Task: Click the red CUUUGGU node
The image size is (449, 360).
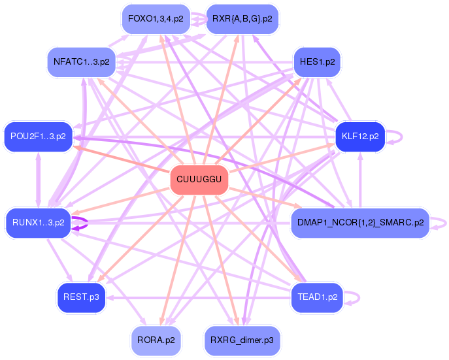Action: (x=199, y=180)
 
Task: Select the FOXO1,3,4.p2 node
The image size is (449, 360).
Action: (x=156, y=19)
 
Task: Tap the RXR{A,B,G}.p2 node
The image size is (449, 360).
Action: (x=242, y=19)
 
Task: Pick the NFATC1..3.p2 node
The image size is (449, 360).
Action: (x=82, y=62)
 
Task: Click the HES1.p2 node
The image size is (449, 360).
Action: (x=317, y=62)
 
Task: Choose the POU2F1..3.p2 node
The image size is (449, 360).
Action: (x=38, y=137)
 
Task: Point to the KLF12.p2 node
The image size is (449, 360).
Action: (x=360, y=137)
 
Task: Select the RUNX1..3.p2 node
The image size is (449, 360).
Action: (x=39, y=223)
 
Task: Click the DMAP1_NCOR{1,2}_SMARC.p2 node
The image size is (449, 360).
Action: (x=360, y=223)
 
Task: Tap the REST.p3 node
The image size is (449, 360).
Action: (x=81, y=297)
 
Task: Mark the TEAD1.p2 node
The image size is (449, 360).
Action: (x=317, y=297)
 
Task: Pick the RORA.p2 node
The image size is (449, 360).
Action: (x=156, y=340)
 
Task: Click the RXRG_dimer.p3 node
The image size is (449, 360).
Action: (x=242, y=340)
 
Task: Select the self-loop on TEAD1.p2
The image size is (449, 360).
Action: (x=359, y=298)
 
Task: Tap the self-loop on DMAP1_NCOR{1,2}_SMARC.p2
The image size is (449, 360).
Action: (x=446, y=223)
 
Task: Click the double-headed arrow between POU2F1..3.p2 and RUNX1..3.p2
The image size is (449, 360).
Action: (x=39, y=180)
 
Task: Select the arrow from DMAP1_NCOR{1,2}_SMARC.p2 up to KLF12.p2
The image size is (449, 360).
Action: (x=360, y=180)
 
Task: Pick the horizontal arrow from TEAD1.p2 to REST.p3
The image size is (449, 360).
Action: (x=198, y=298)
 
